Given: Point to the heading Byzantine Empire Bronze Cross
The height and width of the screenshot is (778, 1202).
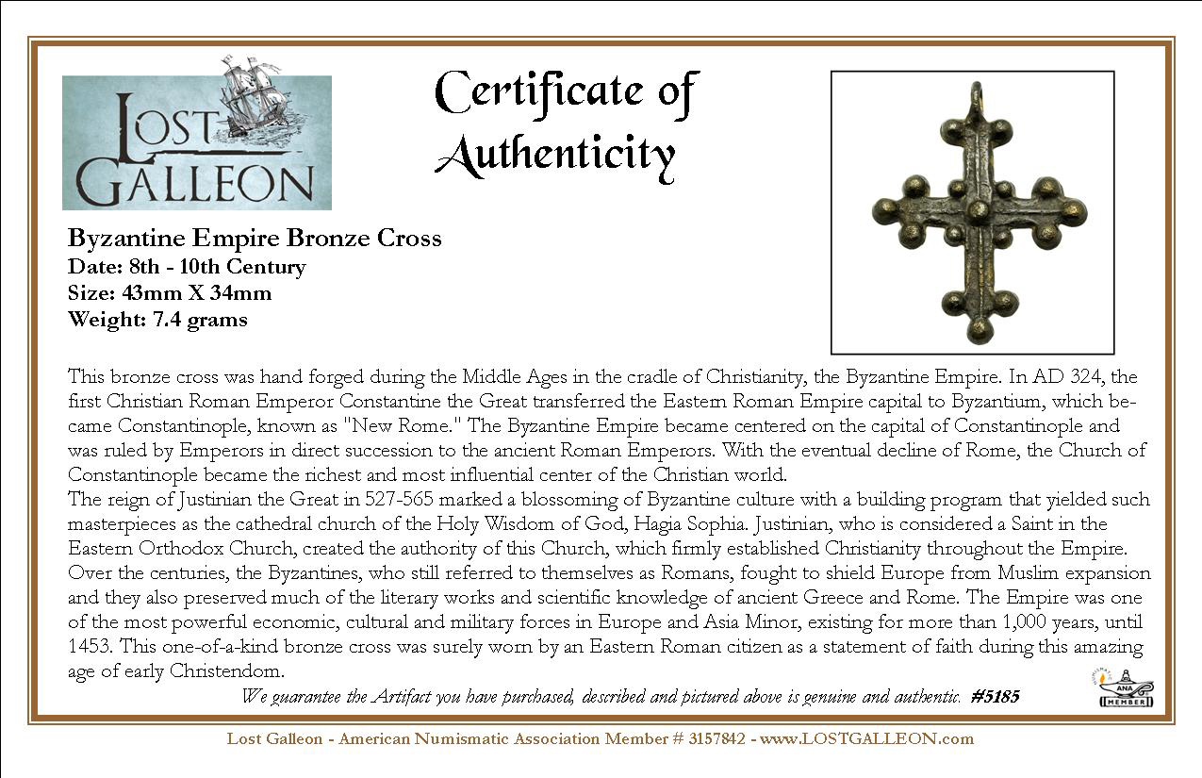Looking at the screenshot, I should pyautogui.click(x=255, y=238).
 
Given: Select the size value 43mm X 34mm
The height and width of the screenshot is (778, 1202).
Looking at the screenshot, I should pyautogui.click(x=196, y=292).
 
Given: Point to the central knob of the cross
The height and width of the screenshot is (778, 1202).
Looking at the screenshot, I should pyautogui.click(x=978, y=209).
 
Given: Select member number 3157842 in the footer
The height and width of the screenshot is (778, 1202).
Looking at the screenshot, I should pyautogui.click(x=711, y=738).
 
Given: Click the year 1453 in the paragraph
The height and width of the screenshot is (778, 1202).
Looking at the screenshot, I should pyautogui.click(x=87, y=647).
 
